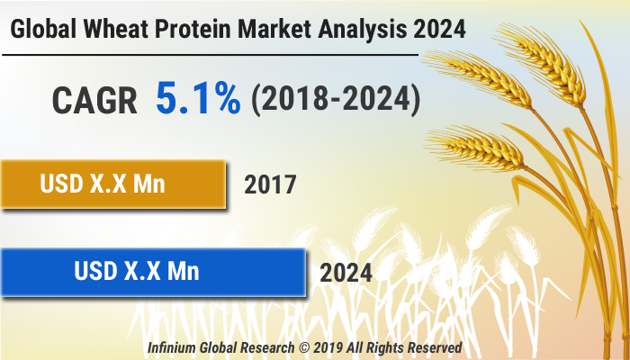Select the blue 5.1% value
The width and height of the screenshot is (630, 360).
(198, 99)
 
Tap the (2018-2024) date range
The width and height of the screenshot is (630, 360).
(335, 100)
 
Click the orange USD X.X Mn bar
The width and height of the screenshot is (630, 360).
(112, 184)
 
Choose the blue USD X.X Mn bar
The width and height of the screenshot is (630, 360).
(151, 270)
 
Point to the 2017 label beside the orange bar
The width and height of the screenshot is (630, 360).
(270, 186)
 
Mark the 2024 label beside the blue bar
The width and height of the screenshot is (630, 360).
(345, 271)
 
